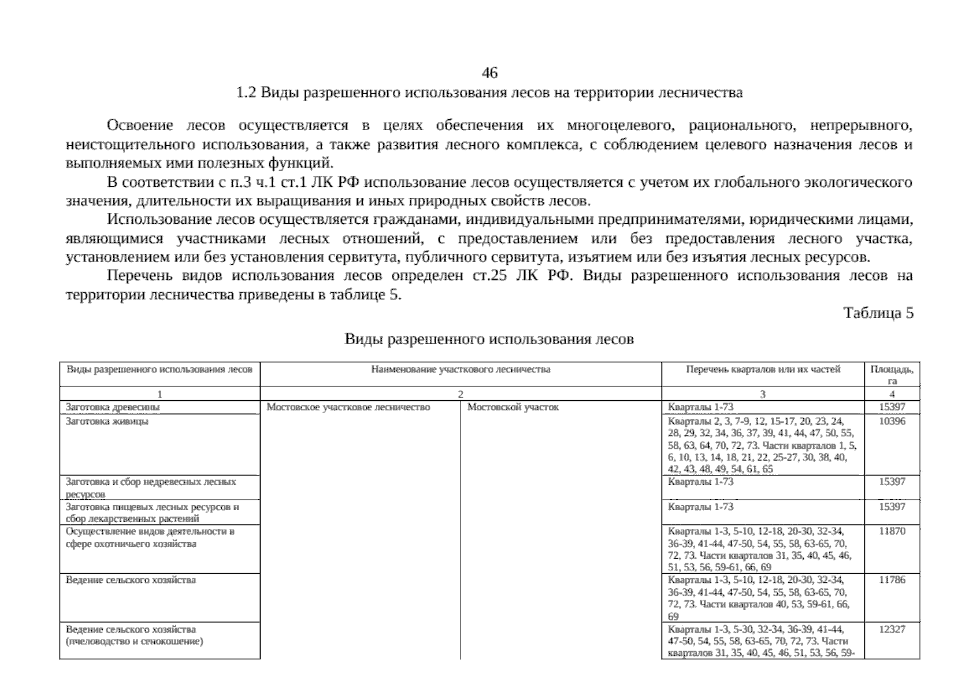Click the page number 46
pyautogui.click(x=489, y=73)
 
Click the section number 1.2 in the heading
pyautogui.click(x=246, y=93)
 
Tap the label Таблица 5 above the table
pyautogui.click(x=878, y=313)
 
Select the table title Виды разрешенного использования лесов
pyautogui.click(x=489, y=339)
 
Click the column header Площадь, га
pyautogui.click(x=892, y=375)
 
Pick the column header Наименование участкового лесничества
pyautogui.click(x=461, y=370)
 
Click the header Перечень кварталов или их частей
pyautogui.click(x=763, y=370)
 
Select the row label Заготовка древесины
pyautogui.click(x=113, y=407)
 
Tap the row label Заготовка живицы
pyautogui.click(x=107, y=422)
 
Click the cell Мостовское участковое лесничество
pyautogui.click(x=348, y=407)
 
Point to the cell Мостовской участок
pyautogui.click(x=513, y=407)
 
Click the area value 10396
pyautogui.click(x=892, y=422)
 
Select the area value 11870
pyautogui.click(x=892, y=531)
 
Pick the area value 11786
pyautogui.click(x=892, y=580)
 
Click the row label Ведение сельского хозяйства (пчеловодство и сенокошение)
pyautogui.click(x=134, y=636)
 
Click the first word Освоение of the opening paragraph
pyautogui.click(x=140, y=125)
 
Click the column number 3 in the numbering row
pyautogui.click(x=762, y=394)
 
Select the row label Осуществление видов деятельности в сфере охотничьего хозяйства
pyautogui.click(x=150, y=538)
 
